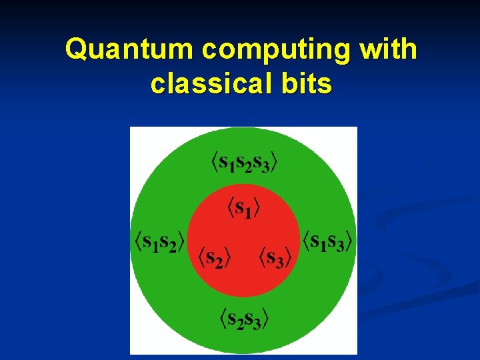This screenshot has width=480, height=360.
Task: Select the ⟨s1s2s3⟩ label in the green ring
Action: tap(244, 162)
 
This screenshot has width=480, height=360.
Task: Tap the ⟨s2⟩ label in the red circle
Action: tap(211, 256)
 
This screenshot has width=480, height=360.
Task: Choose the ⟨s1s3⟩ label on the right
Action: tap(327, 241)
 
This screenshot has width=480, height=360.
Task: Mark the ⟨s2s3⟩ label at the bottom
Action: tap(244, 319)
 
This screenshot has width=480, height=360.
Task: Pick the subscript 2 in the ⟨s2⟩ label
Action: tap(218, 261)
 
